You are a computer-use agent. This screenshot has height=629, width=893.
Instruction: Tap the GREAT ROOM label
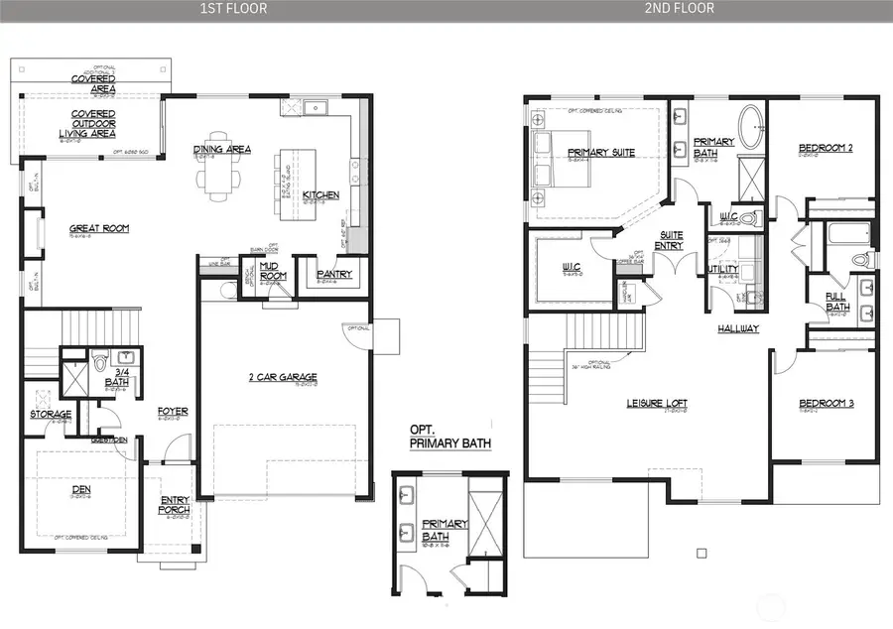tap(98, 228)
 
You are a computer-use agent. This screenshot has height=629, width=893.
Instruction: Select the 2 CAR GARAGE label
tap(283, 377)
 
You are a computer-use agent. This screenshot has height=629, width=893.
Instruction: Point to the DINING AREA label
tap(221, 150)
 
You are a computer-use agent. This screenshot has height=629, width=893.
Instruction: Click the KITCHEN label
tap(321, 194)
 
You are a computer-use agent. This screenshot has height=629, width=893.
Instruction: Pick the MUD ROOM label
tap(273, 271)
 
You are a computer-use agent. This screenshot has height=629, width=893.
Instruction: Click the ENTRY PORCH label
tap(175, 505)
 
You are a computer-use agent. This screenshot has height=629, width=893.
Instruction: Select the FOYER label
tap(173, 411)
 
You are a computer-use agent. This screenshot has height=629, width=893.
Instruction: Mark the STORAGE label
tap(50, 414)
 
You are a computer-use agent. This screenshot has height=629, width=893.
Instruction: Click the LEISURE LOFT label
tap(657, 403)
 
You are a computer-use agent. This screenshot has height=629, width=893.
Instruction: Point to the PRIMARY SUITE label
tap(600, 152)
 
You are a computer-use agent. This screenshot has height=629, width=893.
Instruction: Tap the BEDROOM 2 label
tap(826, 149)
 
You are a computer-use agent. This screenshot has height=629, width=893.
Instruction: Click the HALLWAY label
tap(739, 328)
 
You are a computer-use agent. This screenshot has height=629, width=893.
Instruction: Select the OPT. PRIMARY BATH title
tap(449, 437)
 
